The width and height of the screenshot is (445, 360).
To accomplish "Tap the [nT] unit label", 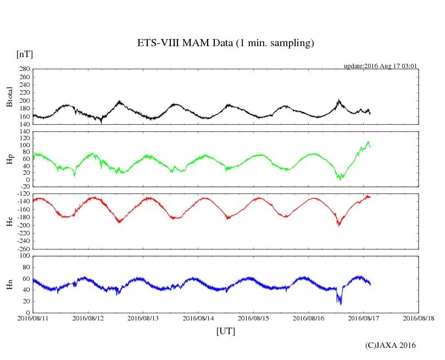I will coord(25,54).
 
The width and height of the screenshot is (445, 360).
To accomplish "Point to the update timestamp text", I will coord(381,66).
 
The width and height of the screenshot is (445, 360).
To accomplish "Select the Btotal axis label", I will coord(9,97).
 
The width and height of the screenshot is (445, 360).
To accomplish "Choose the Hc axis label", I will coord(9,221).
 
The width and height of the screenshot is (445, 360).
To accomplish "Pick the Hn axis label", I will coord(9,285).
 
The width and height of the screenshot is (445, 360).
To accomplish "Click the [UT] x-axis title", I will coord(226,331).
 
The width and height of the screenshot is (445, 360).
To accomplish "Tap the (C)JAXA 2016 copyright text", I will coord(390,345).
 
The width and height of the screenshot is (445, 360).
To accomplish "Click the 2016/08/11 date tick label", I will coord(33,318).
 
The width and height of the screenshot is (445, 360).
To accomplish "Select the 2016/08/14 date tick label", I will coord(198,318).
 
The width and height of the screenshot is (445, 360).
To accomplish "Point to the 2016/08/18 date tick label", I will coord(419,318).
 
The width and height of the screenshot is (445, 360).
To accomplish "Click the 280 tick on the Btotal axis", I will coord(23,69).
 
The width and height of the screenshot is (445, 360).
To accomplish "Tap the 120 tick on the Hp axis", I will coord(23,132).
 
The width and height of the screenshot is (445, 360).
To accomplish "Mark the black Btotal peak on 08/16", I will coord(339,100).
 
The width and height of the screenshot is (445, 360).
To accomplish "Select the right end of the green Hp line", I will coord(370,146).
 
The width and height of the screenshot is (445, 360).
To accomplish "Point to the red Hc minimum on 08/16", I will coord(338,225).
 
